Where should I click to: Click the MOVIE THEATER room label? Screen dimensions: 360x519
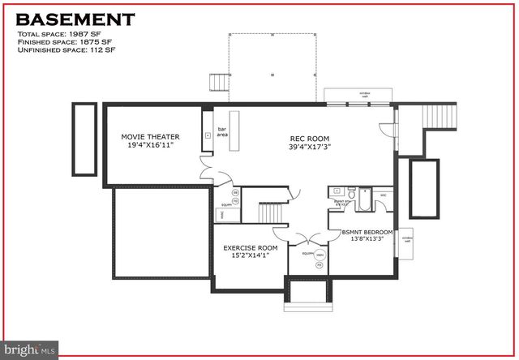pyautogui.click(x=150, y=137)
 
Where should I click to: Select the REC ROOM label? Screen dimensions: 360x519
pyautogui.click(x=308, y=138)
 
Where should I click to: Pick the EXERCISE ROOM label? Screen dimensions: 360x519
pyautogui.click(x=251, y=247)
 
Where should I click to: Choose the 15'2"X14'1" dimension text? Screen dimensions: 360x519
pyautogui.click(x=251, y=256)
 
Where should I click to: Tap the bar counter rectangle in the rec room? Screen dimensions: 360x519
pyautogui.click(x=235, y=131)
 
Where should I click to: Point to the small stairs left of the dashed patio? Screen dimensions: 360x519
pyautogui.click(x=217, y=82)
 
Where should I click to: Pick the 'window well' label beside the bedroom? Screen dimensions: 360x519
pyautogui.click(x=408, y=240)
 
